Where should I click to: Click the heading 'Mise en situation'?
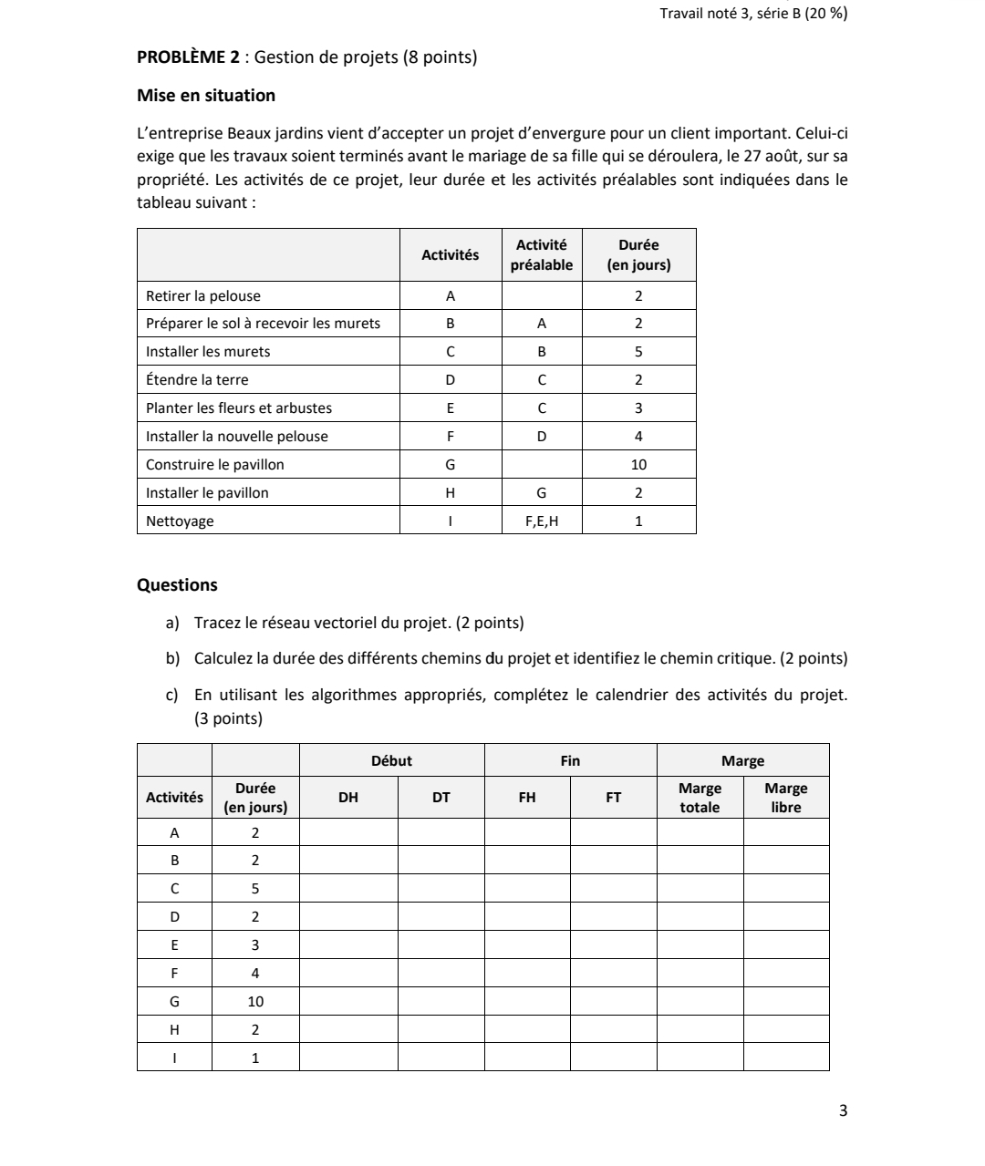[x=205, y=96]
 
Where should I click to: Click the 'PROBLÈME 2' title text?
[x=188, y=57]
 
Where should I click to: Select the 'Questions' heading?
[x=177, y=585]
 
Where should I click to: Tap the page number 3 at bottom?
[x=842, y=1110]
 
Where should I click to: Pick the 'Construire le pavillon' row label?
[x=215, y=465]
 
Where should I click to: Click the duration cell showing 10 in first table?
[x=638, y=465]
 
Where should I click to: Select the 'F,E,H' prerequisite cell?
[x=542, y=521]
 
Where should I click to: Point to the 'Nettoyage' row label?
[x=180, y=521]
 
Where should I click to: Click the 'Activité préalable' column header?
[x=542, y=255]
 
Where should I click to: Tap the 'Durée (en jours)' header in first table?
[x=638, y=255]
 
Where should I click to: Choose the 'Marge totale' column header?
[x=700, y=798]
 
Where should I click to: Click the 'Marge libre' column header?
[x=785, y=798]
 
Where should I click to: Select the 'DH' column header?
[x=348, y=798]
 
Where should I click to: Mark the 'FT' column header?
[x=614, y=798]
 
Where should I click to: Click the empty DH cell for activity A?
[x=348, y=832]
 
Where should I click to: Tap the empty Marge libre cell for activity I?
[x=785, y=1058]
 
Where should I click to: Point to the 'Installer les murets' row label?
[x=208, y=352]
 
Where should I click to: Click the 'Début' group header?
[x=391, y=761]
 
